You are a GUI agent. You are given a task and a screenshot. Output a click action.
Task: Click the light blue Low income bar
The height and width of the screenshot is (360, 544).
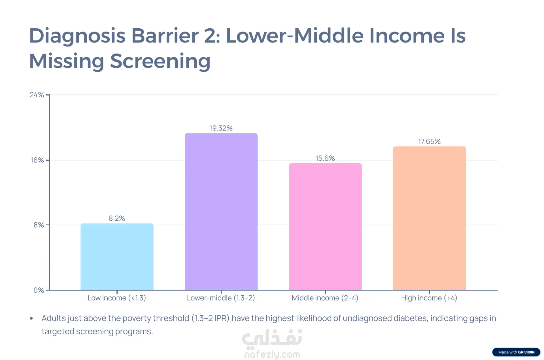[117, 257]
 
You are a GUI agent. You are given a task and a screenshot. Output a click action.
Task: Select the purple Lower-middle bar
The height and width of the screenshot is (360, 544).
[221, 211]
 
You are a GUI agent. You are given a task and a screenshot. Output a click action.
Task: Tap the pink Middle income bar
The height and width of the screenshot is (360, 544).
[325, 226]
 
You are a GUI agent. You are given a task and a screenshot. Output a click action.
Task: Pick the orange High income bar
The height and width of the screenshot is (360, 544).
[429, 218]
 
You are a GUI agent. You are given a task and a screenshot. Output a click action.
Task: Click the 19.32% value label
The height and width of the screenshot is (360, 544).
[221, 128]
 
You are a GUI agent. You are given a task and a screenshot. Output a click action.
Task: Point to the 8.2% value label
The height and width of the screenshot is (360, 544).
[117, 218]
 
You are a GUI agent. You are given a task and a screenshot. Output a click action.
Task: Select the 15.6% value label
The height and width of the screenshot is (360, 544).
[325, 158]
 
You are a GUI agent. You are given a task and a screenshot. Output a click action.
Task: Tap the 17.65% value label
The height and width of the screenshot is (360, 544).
[429, 141]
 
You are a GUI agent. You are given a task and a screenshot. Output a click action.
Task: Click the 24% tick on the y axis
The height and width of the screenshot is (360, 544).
[37, 95]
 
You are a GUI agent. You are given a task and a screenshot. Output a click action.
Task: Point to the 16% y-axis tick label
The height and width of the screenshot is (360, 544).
[37, 160]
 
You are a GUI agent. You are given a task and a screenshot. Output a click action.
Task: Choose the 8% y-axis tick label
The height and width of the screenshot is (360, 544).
[39, 225]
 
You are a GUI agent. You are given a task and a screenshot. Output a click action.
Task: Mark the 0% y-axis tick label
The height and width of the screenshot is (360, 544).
[39, 290]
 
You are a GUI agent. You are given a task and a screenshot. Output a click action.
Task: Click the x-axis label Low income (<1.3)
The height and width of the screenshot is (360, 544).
[117, 298]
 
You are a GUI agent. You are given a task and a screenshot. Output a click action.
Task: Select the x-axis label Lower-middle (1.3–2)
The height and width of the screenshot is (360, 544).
[221, 298]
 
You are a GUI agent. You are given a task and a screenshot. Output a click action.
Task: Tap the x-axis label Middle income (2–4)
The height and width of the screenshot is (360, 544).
[325, 298]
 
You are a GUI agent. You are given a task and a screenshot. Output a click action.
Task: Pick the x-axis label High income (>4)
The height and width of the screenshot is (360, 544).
[429, 298]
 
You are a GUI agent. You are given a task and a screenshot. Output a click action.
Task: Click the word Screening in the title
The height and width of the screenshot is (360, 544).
[160, 61]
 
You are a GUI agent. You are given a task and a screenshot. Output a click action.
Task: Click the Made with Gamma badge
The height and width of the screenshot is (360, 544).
[516, 352]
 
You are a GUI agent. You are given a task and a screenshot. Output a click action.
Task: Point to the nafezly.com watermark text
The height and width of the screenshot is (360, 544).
[272, 354]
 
